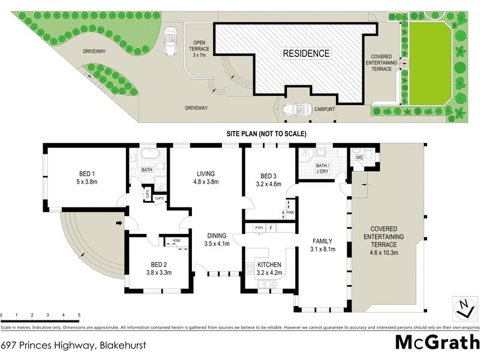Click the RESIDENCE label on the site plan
click(x=307, y=53)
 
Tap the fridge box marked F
click(x=271, y=228)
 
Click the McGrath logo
click(x=436, y=342)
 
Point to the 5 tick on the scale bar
click(x=79, y=314)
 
